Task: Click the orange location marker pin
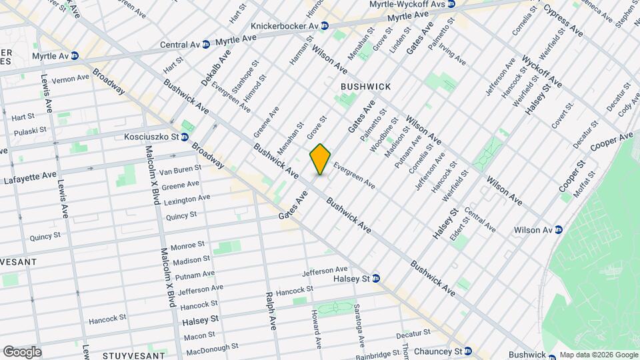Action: tap(320, 159)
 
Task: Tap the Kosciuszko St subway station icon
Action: tap(184, 137)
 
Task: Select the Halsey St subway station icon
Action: tap(376, 279)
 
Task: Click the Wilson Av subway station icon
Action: tap(559, 230)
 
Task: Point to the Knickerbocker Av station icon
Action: tap(325, 26)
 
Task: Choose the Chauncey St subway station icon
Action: tap(468, 351)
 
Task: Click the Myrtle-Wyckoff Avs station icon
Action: tap(451, 4)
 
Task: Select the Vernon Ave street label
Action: tap(70, 78)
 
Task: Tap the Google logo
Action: tap(21, 352)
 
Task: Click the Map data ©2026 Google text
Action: tap(598, 355)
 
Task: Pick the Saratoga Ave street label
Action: tap(359, 327)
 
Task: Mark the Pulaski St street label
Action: tap(29, 130)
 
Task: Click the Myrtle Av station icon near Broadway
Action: tap(74, 56)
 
